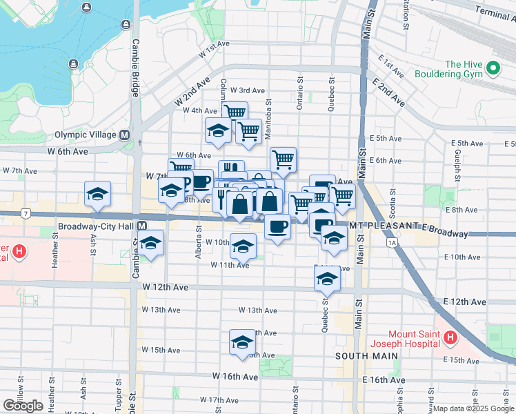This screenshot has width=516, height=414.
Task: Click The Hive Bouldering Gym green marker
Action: tap(493, 68)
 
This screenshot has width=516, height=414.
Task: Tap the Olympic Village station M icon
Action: tap(125, 135)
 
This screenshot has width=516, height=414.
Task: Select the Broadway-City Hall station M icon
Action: tap(141, 226)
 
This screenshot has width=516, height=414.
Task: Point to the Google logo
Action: tap(23, 406)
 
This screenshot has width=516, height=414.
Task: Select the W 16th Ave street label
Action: tap(235, 377)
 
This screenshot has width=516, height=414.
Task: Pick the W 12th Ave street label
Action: tap(166, 287)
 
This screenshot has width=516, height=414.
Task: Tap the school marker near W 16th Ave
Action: tap(242, 343)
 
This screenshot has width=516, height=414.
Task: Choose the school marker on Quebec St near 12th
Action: tap(326, 279)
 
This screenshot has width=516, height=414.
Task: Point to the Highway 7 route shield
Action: tap(26, 213)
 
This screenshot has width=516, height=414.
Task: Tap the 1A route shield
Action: tap(393, 242)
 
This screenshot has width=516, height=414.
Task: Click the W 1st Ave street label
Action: tap(214, 44)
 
